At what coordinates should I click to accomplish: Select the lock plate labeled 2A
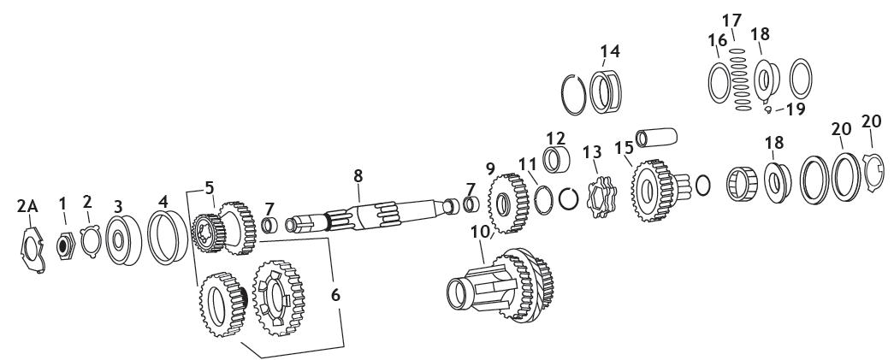[x=33, y=249]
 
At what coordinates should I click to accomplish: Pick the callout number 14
[x=609, y=52]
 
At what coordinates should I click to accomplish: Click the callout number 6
[x=335, y=294]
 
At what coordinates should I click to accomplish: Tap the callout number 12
[x=556, y=137]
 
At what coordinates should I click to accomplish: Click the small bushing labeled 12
[x=558, y=159]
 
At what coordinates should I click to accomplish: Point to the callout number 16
[x=716, y=40]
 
